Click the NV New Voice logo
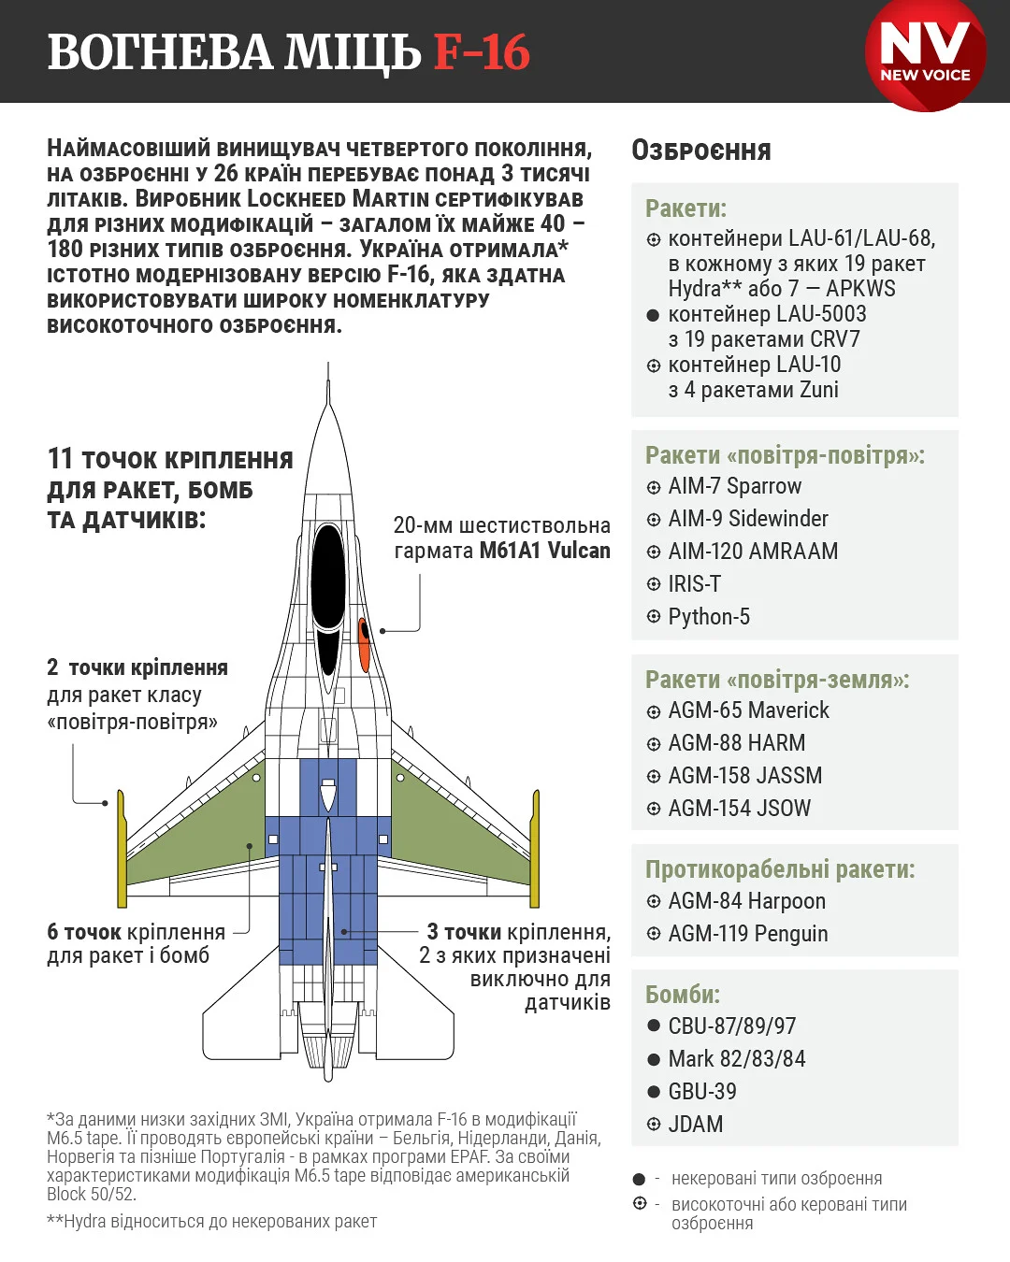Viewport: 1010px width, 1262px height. click(925, 54)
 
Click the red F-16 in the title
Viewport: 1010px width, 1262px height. click(482, 52)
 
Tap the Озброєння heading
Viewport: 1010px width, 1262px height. click(701, 151)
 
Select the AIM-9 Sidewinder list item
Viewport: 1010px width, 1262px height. click(747, 519)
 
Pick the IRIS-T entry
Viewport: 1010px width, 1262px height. click(694, 584)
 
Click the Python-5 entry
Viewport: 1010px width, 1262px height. click(708, 617)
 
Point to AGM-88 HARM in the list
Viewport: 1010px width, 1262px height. click(736, 743)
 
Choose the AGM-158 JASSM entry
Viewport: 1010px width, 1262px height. click(744, 776)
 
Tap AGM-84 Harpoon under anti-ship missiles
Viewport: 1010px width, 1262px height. click(746, 901)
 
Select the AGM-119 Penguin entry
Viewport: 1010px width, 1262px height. click(747, 934)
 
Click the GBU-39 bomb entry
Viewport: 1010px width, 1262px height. click(701, 1092)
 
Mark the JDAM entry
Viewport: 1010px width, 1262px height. click(695, 1125)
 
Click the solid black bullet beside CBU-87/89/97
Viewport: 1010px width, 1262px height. click(654, 1025)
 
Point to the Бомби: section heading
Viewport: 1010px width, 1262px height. click(683, 995)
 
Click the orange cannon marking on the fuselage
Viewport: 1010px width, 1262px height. click(364, 644)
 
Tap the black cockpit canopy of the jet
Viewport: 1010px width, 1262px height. click(328, 580)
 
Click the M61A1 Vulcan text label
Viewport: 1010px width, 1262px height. click(544, 551)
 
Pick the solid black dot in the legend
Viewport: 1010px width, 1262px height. click(640, 1180)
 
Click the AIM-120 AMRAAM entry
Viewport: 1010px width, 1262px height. click(752, 552)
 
